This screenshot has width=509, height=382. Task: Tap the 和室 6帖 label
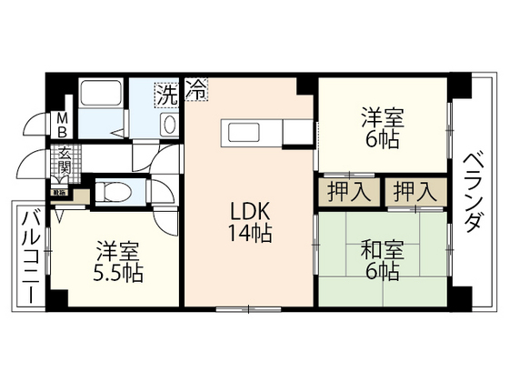[x=382, y=260]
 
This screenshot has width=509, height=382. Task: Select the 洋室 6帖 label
[x=382, y=128]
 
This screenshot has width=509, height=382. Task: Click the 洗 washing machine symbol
[x=165, y=93]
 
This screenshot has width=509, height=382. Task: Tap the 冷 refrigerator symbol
[x=196, y=90]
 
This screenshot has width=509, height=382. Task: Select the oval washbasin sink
[x=168, y=125]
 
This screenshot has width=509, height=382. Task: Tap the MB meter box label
[x=62, y=126]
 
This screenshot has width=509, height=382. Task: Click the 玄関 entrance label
[x=65, y=165]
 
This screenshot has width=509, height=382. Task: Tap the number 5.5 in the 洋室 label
[x=108, y=272]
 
